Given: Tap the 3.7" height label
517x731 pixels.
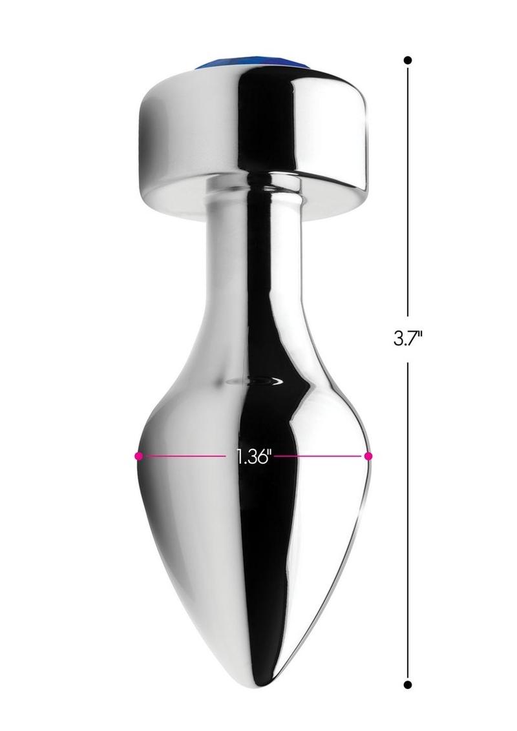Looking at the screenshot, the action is tap(408, 338).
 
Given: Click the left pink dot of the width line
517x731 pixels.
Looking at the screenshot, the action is tap(138, 456).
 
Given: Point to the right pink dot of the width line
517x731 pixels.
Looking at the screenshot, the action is tap(368, 455).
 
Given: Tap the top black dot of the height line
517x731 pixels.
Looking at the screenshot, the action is tap(408, 60).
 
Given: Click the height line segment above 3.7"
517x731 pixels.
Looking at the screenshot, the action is tap(408, 192).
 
